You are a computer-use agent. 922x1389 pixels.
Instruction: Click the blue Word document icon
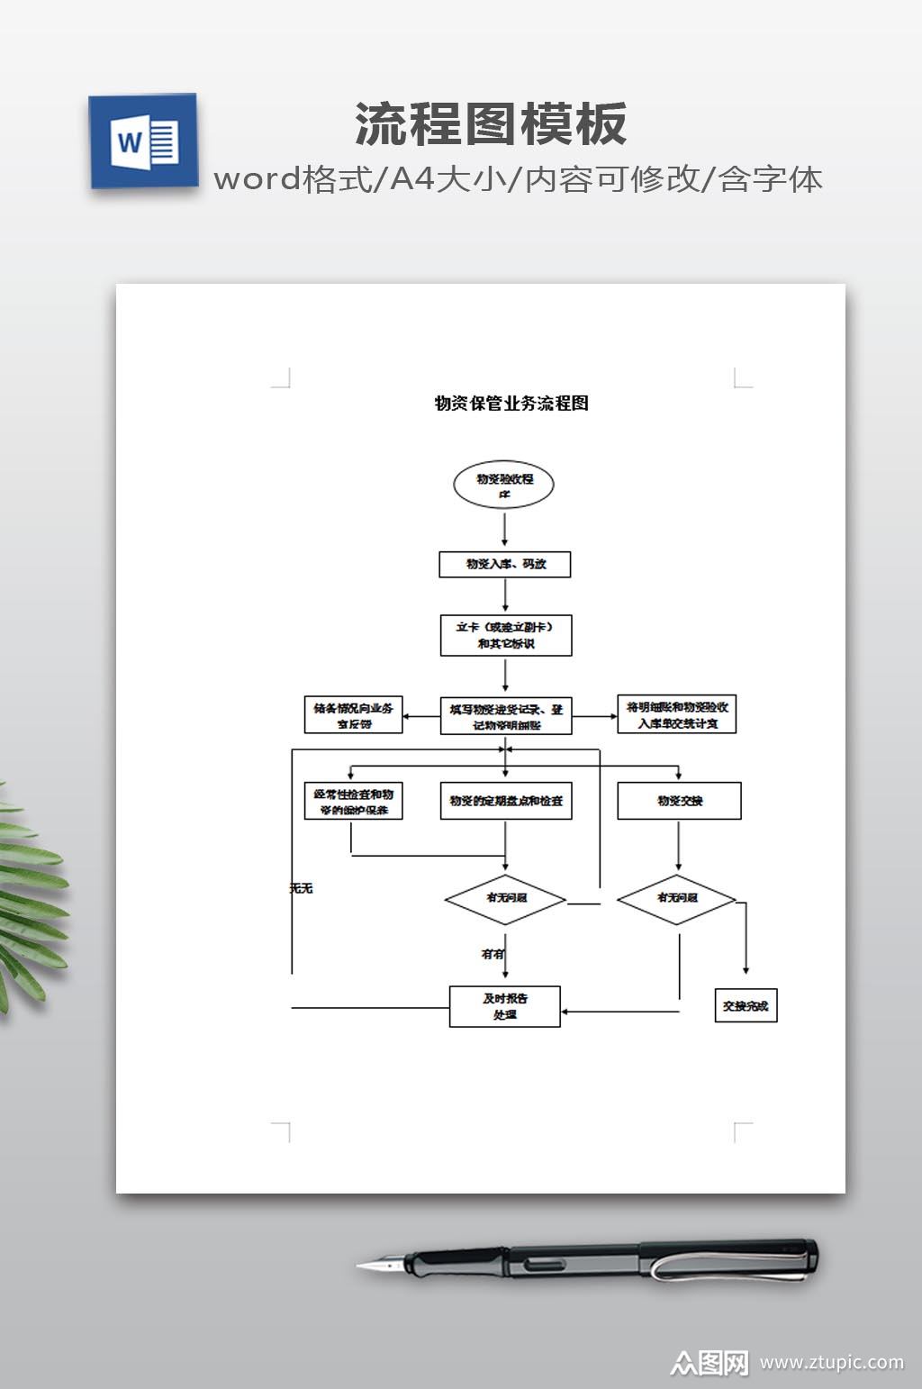[x=143, y=141]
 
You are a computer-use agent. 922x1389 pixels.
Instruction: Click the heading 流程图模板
[x=491, y=123]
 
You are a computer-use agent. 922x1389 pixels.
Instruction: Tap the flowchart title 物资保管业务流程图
[x=511, y=403]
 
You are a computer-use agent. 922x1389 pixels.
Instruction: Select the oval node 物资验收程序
[x=503, y=485]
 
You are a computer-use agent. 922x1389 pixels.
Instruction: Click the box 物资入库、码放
[x=505, y=564]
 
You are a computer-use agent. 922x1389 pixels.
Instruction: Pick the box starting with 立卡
[x=506, y=635]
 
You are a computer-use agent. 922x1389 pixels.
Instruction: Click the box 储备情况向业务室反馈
[x=353, y=715]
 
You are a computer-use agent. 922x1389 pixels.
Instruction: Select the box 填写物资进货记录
[x=506, y=716]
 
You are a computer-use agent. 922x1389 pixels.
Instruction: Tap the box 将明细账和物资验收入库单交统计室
[x=676, y=714]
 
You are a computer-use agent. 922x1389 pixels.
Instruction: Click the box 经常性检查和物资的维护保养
[x=353, y=801]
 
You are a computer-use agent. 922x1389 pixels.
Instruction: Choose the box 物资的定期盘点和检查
[x=506, y=801]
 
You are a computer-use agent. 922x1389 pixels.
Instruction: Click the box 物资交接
[x=679, y=801]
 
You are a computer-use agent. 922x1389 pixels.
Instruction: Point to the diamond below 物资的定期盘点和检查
[x=505, y=899]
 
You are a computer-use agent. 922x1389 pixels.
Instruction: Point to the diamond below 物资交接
[x=676, y=899]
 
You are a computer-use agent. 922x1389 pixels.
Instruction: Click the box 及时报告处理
[x=505, y=1006]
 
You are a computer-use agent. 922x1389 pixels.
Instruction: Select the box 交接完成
[x=746, y=1005]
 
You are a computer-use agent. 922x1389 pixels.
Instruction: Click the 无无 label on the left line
[x=301, y=888]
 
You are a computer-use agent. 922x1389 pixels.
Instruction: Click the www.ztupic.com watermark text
[x=831, y=1362]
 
